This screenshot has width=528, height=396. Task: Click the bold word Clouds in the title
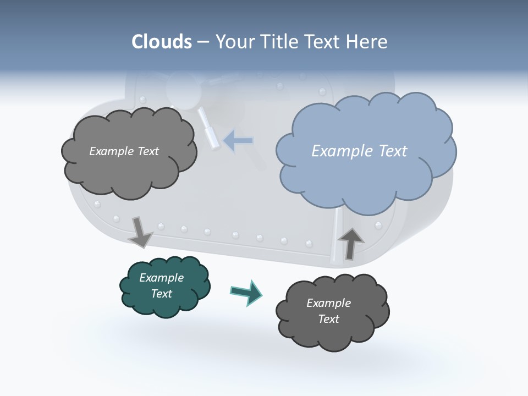tap(161, 42)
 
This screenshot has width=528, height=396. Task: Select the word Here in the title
tap(367, 42)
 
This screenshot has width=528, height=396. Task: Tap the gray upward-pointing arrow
tap(350, 243)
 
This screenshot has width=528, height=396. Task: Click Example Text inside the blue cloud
tap(359, 151)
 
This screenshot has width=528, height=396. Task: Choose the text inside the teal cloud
tap(161, 285)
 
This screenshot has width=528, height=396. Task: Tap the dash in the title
tap(202, 42)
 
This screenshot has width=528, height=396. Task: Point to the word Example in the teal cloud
tap(161, 278)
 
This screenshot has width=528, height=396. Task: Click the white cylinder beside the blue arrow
tap(208, 128)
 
